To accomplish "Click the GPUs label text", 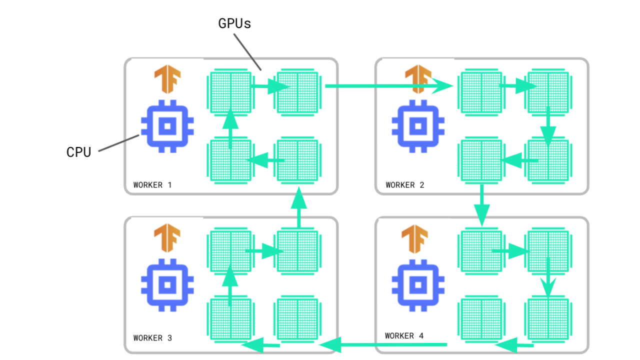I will click(234, 23).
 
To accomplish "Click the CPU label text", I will click(79, 152).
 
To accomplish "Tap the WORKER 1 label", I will click(152, 185).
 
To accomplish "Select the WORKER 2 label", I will click(405, 185).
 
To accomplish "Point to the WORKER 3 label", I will click(152, 338).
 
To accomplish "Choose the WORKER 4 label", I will click(404, 336).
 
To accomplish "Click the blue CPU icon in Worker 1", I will click(167, 125).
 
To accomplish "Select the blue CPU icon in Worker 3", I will click(167, 284).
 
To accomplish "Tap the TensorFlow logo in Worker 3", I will click(167, 239).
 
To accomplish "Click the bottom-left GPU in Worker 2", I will click(480, 160).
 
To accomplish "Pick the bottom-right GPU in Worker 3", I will click(297, 318).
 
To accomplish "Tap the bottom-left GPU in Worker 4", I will click(480, 318).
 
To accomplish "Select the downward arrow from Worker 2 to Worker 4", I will click(481, 205).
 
